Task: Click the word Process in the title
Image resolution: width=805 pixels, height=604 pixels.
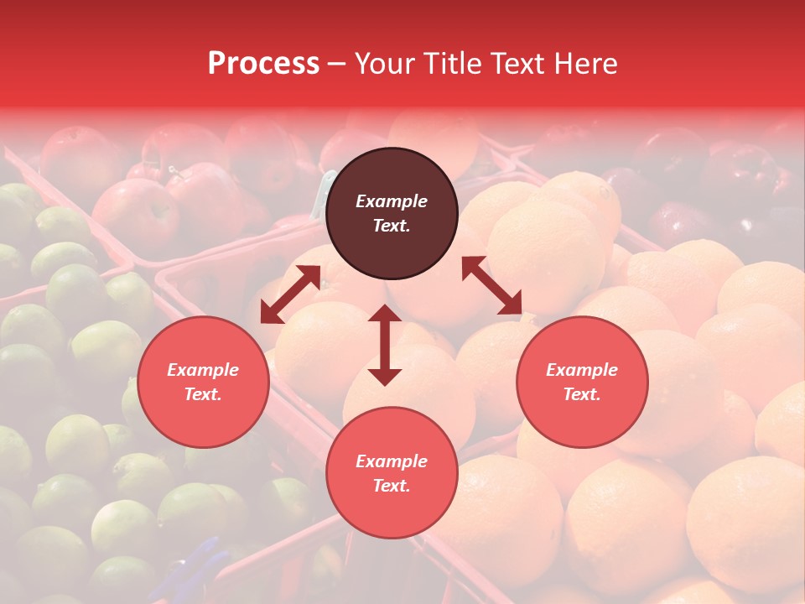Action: (x=263, y=63)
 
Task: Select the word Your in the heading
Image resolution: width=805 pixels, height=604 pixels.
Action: (x=382, y=63)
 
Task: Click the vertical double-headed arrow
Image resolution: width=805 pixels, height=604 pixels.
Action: (x=385, y=345)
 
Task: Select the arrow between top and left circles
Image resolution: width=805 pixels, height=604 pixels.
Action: (x=290, y=294)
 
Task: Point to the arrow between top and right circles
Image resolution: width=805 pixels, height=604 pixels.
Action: (x=492, y=285)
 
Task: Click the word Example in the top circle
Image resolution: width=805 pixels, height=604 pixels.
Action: (x=392, y=201)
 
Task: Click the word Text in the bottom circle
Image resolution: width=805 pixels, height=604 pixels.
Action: (x=390, y=486)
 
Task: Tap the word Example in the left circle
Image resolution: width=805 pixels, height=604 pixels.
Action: (x=203, y=370)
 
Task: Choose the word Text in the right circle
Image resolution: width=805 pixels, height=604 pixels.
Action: (x=580, y=394)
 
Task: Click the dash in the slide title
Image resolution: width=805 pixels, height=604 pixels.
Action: (x=337, y=64)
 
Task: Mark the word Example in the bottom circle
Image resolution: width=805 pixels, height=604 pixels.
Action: (x=392, y=461)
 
